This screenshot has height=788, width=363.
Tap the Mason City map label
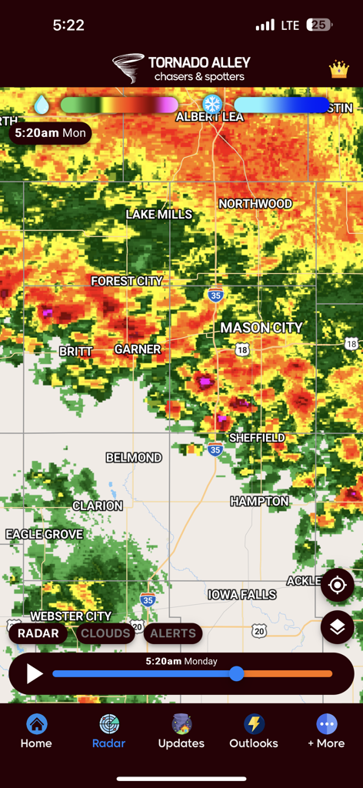click(x=261, y=328)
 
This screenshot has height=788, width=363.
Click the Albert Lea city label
click(x=209, y=117)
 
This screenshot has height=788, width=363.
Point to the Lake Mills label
click(x=159, y=215)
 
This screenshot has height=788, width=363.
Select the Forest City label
click(x=127, y=282)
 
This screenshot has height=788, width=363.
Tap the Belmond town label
click(x=134, y=458)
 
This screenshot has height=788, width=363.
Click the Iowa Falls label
click(x=242, y=595)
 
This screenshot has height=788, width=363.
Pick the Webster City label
click(x=71, y=616)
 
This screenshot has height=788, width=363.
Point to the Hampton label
click(x=259, y=502)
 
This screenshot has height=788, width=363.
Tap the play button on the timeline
click(x=35, y=674)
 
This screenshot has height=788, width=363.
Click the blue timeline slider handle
click(x=237, y=674)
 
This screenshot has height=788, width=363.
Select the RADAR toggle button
click(x=38, y=633)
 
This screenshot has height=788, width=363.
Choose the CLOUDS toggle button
click(x=105, y=633)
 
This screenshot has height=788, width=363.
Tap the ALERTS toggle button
click(x=173, y=633)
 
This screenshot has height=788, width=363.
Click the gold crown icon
click(x=339, y=70)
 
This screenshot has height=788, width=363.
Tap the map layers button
click(x=338, y=627)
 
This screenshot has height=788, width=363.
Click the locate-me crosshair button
click(x=338, y=586)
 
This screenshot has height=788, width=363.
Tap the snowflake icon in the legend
click(x=211, y=105)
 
